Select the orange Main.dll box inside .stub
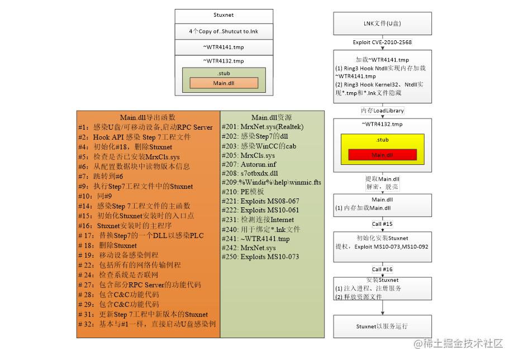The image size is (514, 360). pyautogui.click(x=223, y=83)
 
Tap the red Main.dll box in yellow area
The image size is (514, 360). pyautogui.click(x=383, y=154)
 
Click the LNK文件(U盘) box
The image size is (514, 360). pyautogui.click(x=383, y=23)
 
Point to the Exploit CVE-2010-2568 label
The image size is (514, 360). pyautogui.click(x=383, y=42)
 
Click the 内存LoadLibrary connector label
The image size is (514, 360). pyautogui.click(x=383, y=111)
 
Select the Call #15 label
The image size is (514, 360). pyautogui.click(x=383, y=224)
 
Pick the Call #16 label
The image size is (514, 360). pyautogui.click(x=383, y=269)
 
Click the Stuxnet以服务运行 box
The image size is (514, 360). pyautogui.click(x=383, y=326)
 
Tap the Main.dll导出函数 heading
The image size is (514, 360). pyautogui.click(x=148, y=117)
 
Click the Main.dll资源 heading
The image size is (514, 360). pyautogui.click(x=272, y=117)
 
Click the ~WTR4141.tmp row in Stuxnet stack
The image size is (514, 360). pyautogui.click(x=223, y=47)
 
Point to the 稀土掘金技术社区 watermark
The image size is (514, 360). pyautogui.click(x=458, y=343)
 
